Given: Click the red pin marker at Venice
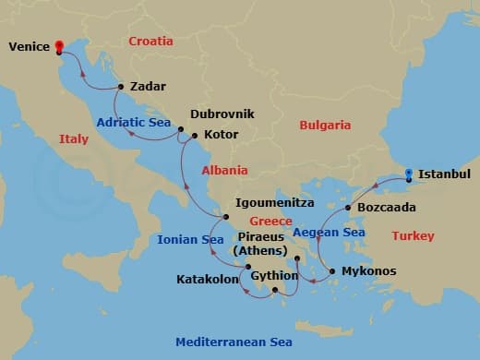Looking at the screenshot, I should tap(59, 46).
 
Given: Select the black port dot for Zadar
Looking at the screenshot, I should tap(120, 87).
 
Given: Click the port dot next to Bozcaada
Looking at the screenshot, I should tap(348, 208).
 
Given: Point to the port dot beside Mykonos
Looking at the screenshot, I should tap(332, 271).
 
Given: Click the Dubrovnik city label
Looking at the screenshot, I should tap(222, 114).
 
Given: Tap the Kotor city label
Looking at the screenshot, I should tap(222, 135).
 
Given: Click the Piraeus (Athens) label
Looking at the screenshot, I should tap(260, 243).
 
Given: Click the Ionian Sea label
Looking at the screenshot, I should tap(191, 239).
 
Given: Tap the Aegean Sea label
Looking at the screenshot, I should tap(329, 233).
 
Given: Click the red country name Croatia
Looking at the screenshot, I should tap(150, 41).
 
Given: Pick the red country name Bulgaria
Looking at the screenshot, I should tap(324, 125).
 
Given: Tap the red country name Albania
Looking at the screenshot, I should tap(225, 170).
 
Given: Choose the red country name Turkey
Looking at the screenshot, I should tap(413, 236).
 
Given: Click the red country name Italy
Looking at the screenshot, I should tap(74, 139).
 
